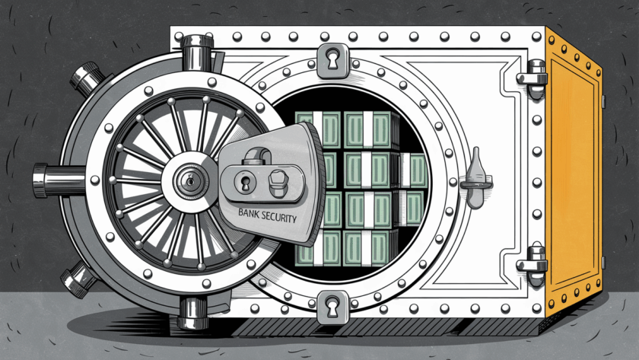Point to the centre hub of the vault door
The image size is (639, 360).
click(187, 180)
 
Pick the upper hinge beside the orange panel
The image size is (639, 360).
click(532, 73)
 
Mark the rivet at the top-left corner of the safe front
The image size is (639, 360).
click(176, 36)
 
